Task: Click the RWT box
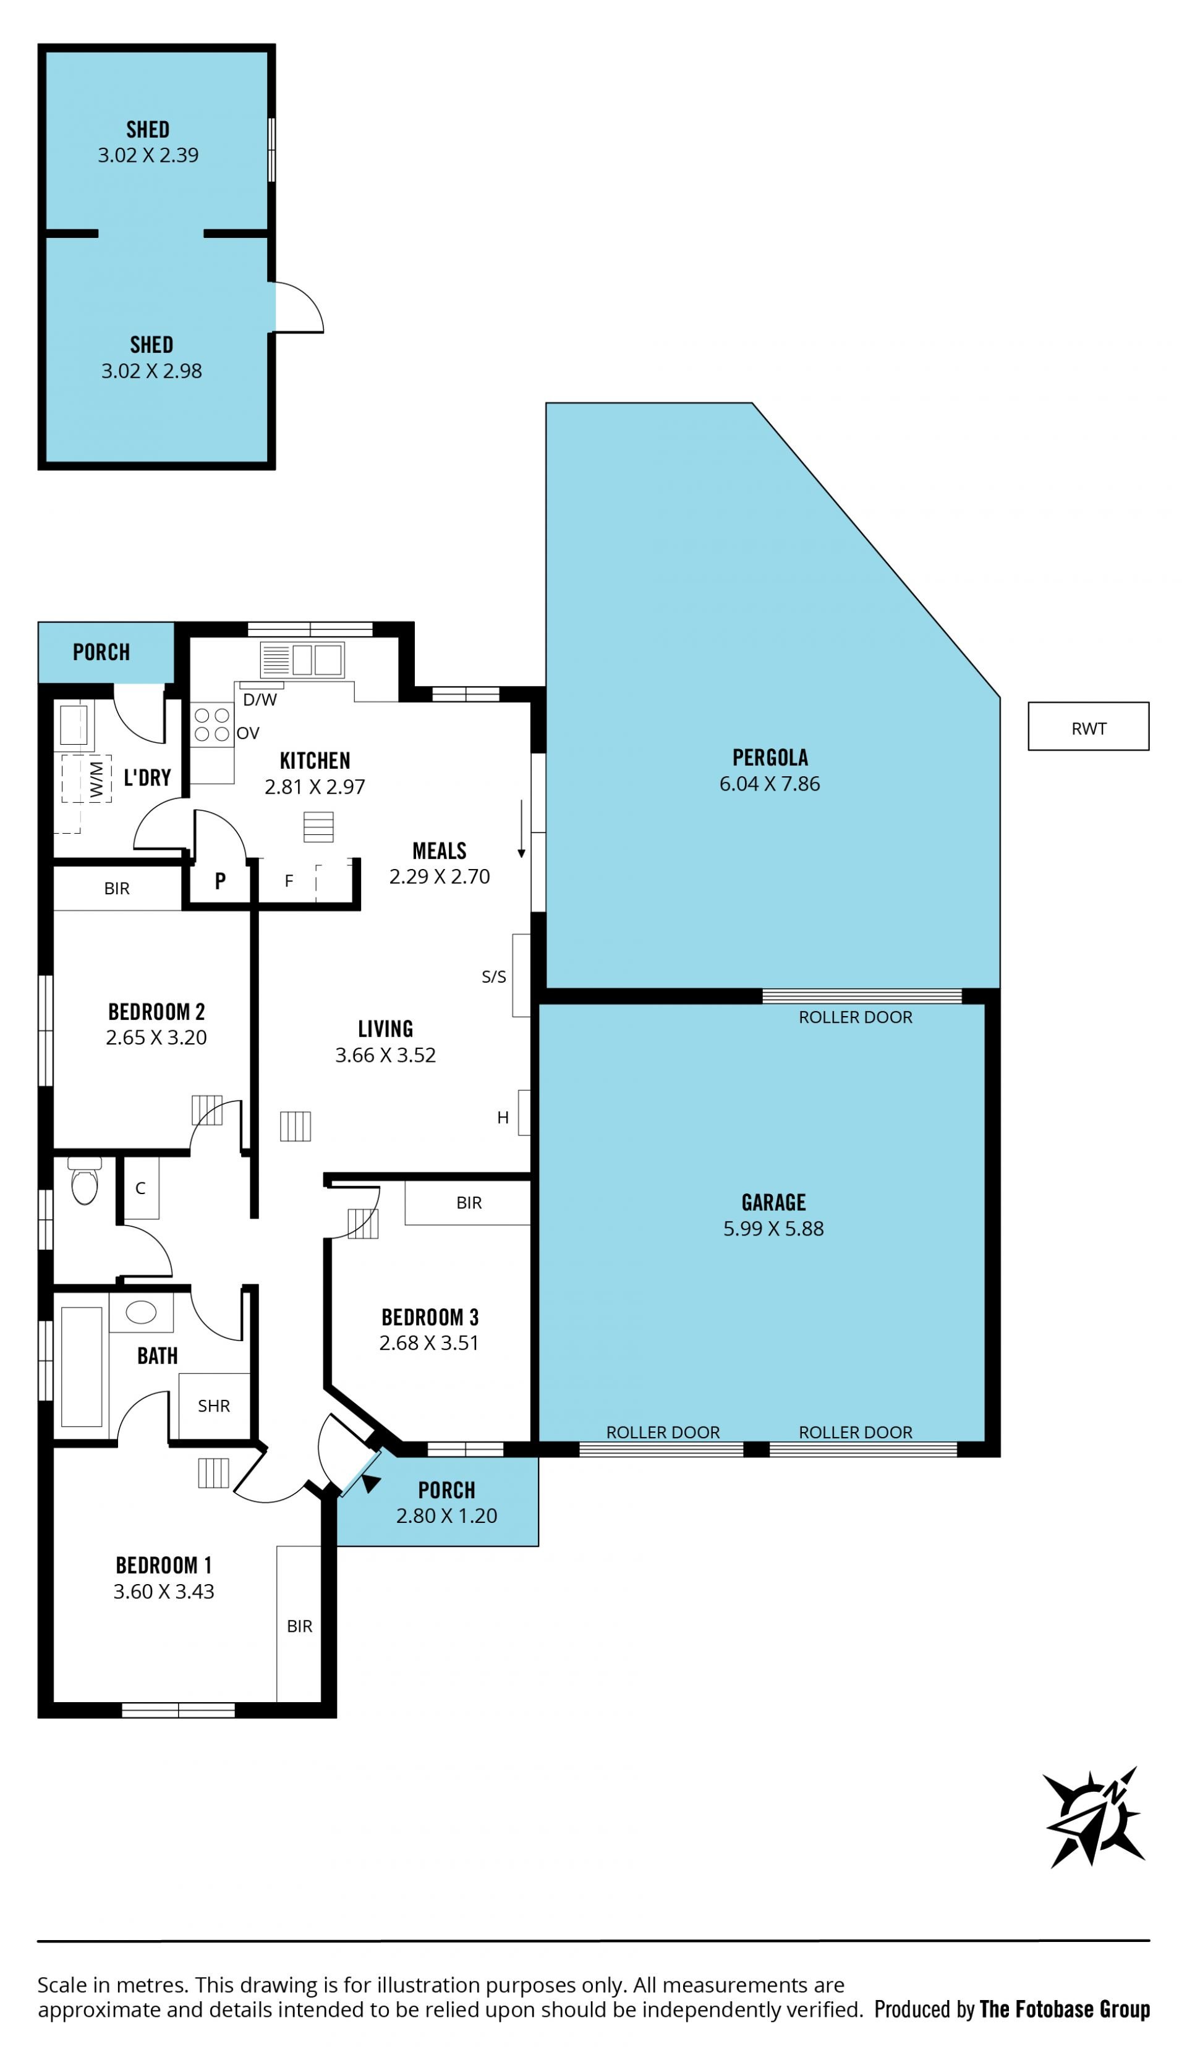1088,726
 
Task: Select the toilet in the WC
84,1180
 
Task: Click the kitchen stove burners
212,724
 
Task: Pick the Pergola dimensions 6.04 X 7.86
770,784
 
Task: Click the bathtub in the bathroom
82,1367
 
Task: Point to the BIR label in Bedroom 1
299,1626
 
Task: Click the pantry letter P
220,880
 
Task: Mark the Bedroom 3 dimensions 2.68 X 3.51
429,1343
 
